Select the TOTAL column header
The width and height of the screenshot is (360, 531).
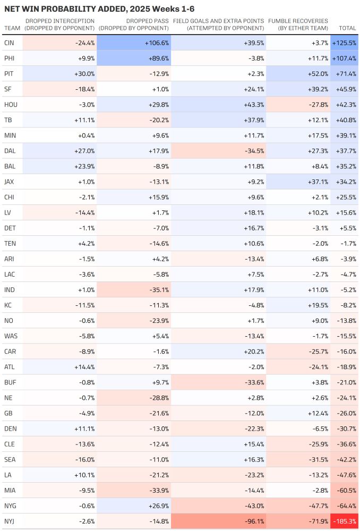pyautogui.click(x=347, y=28)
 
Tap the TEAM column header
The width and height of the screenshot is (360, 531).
pyautogui.click(x=12, y=28)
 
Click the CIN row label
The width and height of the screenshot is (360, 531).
pyautogui.click(x=9, y=42)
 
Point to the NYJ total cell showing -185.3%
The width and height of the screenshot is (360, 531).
pyautogui.click(x=344, y=521)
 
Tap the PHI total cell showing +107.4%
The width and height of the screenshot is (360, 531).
pyautogui.click(x=344, y=58)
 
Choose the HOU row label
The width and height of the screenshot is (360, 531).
pyautogui.click(x=11, y=104)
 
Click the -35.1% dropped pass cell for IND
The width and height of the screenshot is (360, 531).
pyautogui.click(x=158, y=290)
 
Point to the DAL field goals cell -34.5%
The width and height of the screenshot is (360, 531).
pyautogui.click(x=252, y=150)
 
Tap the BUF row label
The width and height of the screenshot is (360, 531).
pyautogui.click(x=10, y=382)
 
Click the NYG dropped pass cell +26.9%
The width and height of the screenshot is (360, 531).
pyautogui.click(x=158, y=506)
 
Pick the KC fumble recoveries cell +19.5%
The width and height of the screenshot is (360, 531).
pyautogui.click(x=317, y=305)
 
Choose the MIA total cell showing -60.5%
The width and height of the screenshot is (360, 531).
pyautogui.click(x=346, y=490)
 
